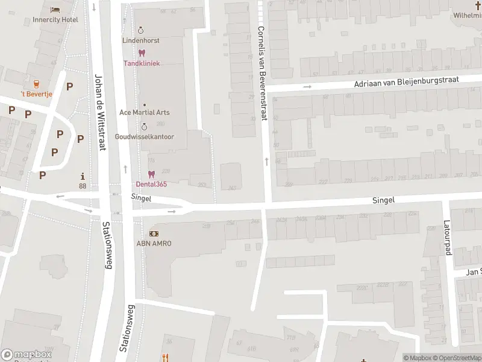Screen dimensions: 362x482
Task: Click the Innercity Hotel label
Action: point(55,20)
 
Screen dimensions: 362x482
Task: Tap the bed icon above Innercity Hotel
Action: point(55,10)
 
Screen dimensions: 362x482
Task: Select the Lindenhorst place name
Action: point(141,40)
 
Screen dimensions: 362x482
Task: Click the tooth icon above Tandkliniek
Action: point(142,53)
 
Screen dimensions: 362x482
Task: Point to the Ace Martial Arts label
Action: point(145,112)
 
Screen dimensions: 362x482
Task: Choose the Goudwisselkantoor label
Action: point(144,136)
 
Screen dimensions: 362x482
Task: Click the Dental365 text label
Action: point(151,184)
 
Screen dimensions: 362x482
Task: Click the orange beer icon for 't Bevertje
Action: point(37,83)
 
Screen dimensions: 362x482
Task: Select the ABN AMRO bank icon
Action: point(154,233)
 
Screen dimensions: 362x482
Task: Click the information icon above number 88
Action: point(83,177)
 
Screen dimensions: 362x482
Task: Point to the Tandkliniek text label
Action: point(142,63)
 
